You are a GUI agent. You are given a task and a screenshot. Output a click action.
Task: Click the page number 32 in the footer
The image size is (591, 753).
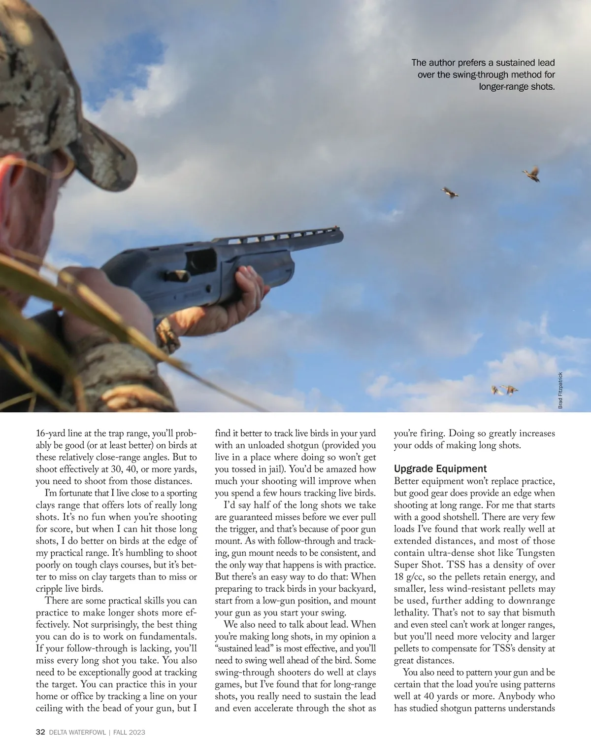pyautogui.click(x=41, y=732)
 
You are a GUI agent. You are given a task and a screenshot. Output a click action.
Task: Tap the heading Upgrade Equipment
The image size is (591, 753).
pyautogui.click(x=440, y=469)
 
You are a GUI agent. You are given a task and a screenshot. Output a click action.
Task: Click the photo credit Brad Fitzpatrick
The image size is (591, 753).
pyautogui.click(x=560, y=390)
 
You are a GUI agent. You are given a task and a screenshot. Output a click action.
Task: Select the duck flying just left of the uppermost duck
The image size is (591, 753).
pyautogui.click(x=449, y=192)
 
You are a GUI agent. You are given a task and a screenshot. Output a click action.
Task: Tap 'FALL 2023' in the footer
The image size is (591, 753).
pyautogui.click(x=129, y=733)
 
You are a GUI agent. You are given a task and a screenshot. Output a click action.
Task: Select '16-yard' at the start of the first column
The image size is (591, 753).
pyautogui.click(x=53, y=433)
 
